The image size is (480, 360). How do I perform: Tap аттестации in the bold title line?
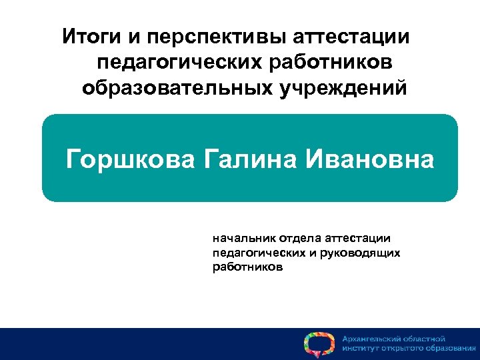(350, 36)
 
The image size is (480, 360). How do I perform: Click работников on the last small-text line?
(247, 267)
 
